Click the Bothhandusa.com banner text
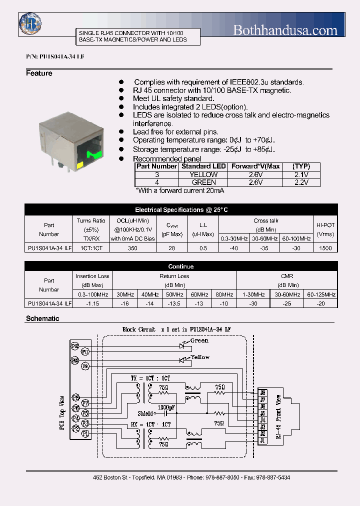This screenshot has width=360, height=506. pyautogui.click(x=285, y=30)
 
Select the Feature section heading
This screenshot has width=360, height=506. pyautogui.click(x=39, y=73)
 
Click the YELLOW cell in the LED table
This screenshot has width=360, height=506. pyautogui.click(x=203, y=174)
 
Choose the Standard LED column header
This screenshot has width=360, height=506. pyautogui.click(x=203, y=166)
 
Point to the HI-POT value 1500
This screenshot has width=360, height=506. pyautogui.click(x=325, y=248)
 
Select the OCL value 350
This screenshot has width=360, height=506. pyautogui.click(x=132, y=248)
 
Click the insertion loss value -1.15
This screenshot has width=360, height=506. pyautogui.click(x=92, y=303)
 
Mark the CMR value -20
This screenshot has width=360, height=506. pyautogui.click(x=321, y=303)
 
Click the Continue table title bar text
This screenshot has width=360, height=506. pyautogui.click(x=180, y=266)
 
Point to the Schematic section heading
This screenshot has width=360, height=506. pyautogui.click(x=42, y=318)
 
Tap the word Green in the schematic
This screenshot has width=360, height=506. pyautogui.click(x=199, y=340)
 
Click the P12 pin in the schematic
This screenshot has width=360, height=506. pyautogui.click(x=75, y=345)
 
